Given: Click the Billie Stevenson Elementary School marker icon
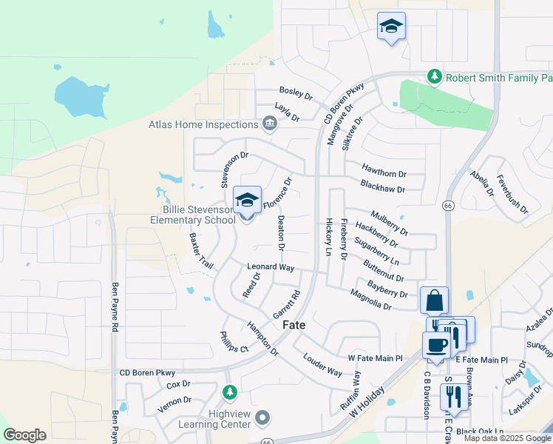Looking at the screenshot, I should tap(248, 201).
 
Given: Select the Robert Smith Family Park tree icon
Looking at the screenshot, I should tap(436, 77).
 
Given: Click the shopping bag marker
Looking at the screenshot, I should tap(434, 301).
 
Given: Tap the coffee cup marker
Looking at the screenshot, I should tap(435, 345).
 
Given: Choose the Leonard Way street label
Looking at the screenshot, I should tap(271, 266).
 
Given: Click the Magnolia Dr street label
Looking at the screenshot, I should tap(371, 300).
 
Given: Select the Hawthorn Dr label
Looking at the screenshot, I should tap(385, 169).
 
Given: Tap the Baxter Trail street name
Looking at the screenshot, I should tap(201, 251).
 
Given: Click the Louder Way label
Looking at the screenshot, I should tap(323, 363).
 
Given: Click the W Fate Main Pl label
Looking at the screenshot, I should tap(375, 358).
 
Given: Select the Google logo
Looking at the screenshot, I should tap(24, 435).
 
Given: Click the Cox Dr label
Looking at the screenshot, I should tap(179, 385).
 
